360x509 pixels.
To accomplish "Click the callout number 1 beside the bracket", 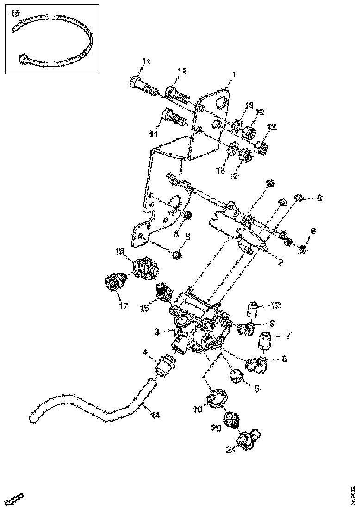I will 234,74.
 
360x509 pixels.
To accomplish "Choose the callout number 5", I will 257,388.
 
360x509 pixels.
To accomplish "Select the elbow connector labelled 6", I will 256,366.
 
